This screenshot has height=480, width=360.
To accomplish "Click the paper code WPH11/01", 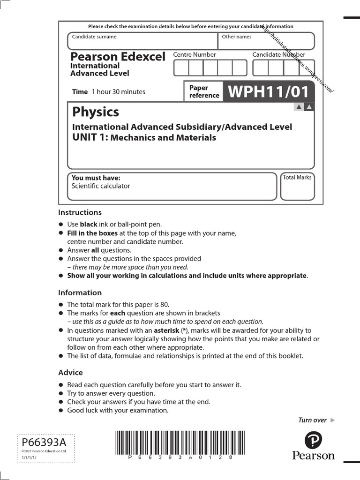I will [x=269, y=91].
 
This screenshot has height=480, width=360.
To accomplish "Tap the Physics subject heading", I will [x=96, y=112].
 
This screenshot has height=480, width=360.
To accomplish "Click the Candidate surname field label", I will [x=94, y=37].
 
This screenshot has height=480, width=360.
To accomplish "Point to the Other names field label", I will [x=236, y=37].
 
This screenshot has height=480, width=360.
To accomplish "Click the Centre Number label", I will [x=195, y=54].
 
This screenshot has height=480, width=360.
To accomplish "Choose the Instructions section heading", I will [x=80, y=212].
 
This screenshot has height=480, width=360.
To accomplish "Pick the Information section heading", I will [x=80, y=292].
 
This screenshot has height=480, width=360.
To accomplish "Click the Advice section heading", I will [x=70, y=372].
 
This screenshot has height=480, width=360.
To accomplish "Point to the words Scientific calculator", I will [x=101, y=186].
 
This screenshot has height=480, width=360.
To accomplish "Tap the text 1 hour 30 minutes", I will [x=119, y=92].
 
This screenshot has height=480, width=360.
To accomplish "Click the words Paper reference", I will [x=204, y=91].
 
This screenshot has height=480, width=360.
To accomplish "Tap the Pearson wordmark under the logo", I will [x=314, y=456].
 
